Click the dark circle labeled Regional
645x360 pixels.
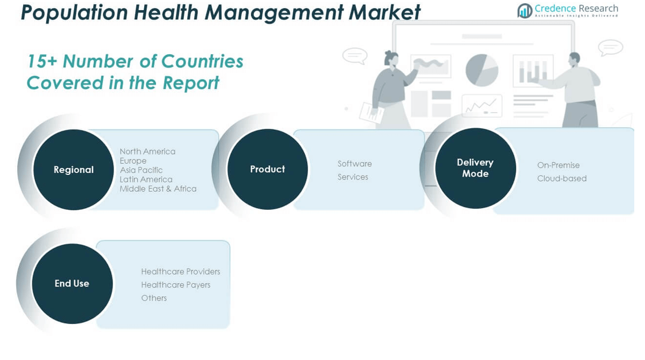(73, 170)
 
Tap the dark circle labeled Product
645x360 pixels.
(268, 169)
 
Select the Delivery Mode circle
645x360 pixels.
(476, 168)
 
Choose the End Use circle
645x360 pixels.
(72, 284)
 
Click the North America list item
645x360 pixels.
(147, 151)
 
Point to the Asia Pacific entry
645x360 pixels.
(141, 170)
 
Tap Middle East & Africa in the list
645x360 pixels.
(158, 189)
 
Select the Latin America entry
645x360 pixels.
(146, 179)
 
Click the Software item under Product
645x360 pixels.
(355, 164)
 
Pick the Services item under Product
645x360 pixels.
(353, 177)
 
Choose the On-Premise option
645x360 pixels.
(558, 165)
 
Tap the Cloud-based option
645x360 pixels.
(562, 179)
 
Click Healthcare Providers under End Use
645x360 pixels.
(181, 271)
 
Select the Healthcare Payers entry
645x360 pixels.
(176, 285)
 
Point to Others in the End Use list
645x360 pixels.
(154, 298)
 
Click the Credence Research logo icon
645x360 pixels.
(525, 11)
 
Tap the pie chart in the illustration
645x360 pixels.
(481, 70)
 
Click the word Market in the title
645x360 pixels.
(384, 12)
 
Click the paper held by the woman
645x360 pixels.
(371, 113)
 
